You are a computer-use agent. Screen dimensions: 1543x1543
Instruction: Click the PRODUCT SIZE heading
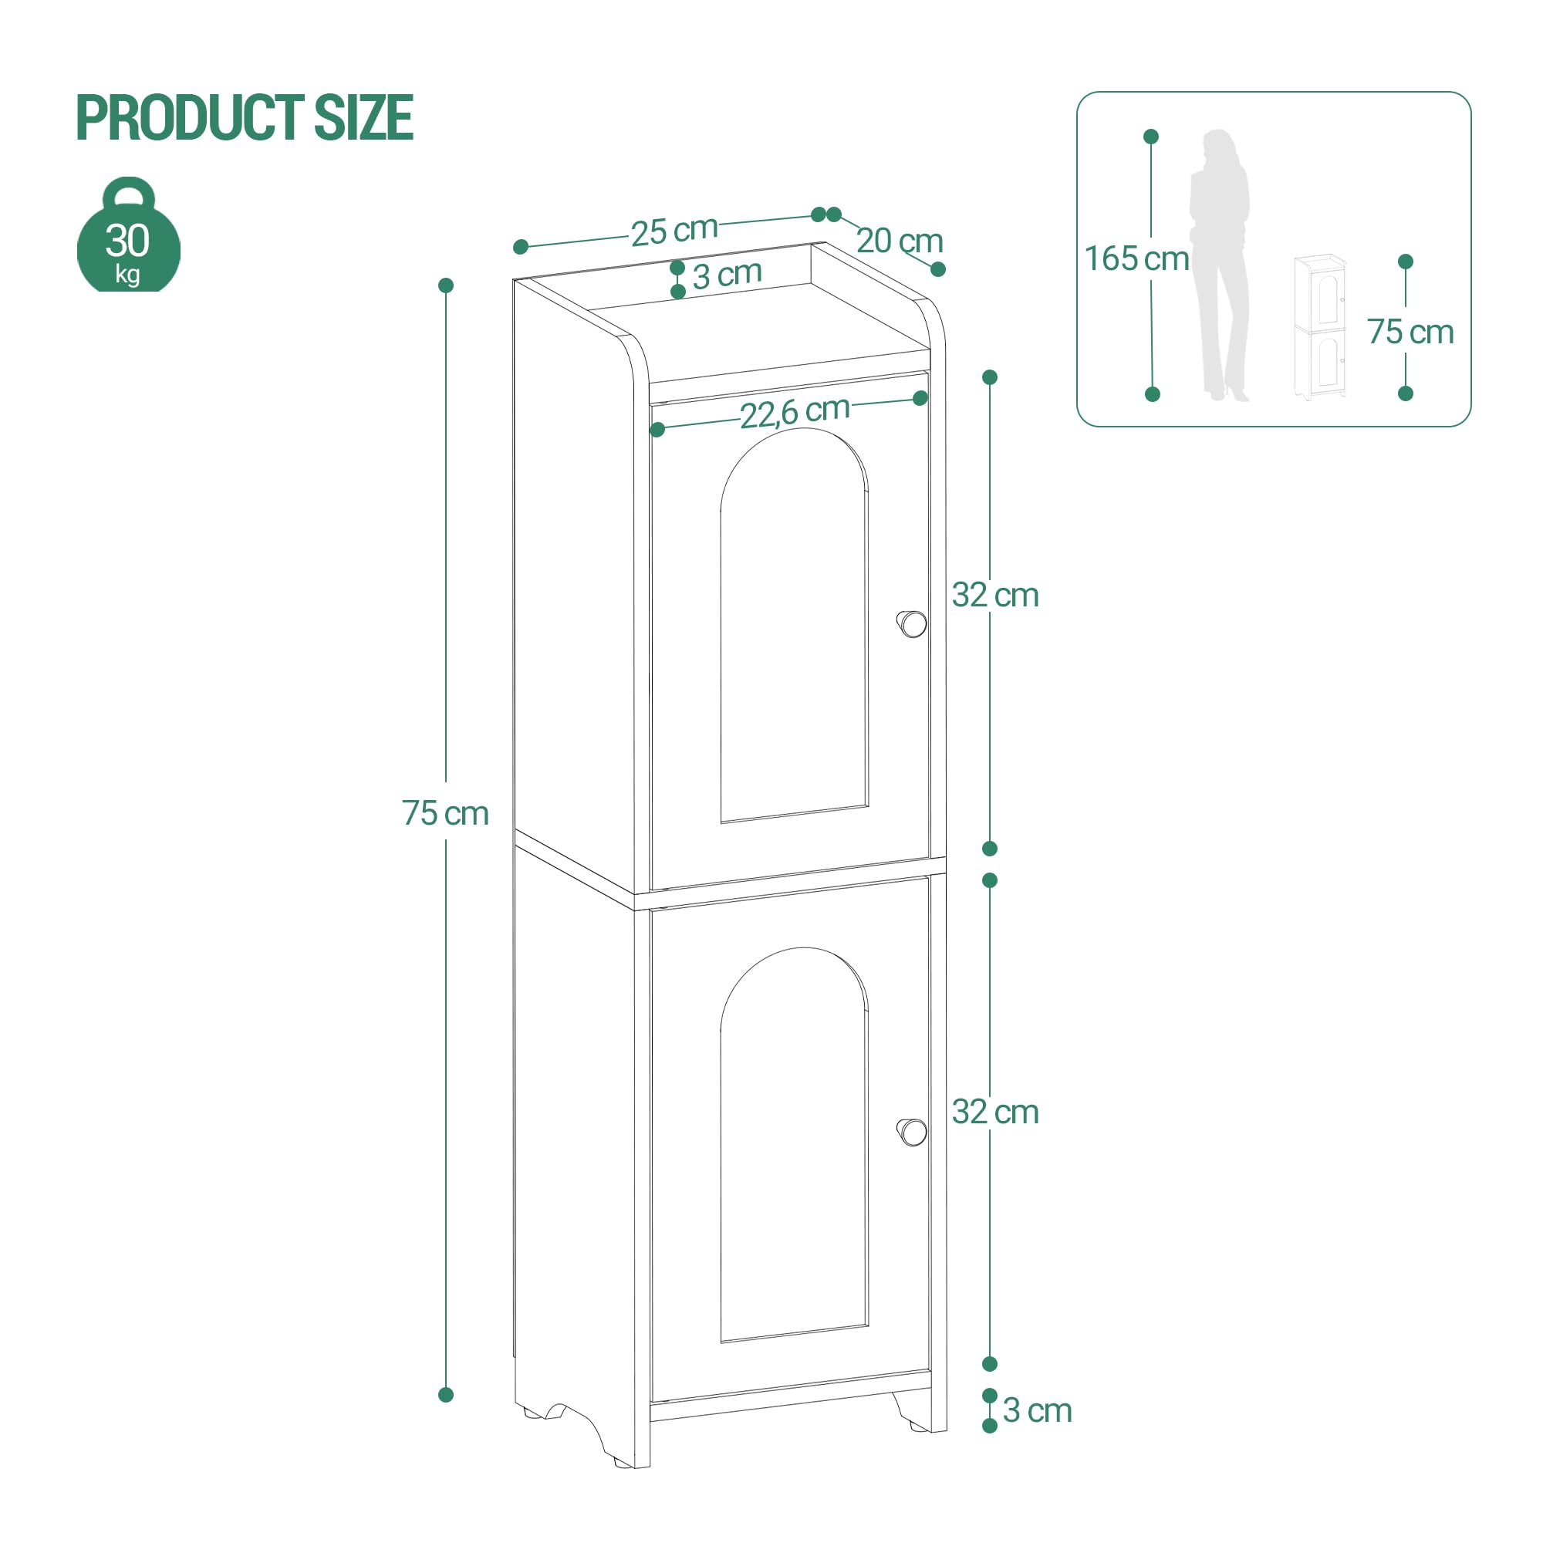pyautogui.click(x=245, y=118)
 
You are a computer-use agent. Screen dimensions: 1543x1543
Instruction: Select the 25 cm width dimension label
pyautogui.click(x=674, y=231)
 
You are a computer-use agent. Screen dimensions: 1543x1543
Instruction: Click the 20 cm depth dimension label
pyautogui.click(x=900, y=241)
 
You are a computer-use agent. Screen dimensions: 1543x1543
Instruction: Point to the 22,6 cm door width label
pyautogui.click(x=795, y=411)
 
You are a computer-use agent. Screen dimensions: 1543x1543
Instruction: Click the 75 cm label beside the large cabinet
pyautogui.click(x=445, y=813)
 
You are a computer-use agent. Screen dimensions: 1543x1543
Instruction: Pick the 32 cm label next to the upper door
pyautogui.click(x=995, y=595)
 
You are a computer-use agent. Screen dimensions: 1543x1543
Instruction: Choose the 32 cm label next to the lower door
pyautogui.click(x=995, y=1112)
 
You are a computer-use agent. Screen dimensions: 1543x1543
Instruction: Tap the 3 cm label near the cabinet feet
pyautogui.click(x=1037, y=1410)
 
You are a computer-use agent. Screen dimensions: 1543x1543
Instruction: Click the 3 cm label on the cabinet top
pyautogui.click(x=727, y=275)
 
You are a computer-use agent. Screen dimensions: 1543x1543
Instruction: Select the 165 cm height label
pyautogui.click(x=1136, y=258)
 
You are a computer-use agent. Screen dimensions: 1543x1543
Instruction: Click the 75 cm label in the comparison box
pyautogui.click(x=1410, y=332)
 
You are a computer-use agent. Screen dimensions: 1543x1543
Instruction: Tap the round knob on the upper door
pyautogui.click(x=912, y=623)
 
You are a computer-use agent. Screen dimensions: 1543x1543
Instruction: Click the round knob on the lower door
pyautogui.click(x=912, y=1132)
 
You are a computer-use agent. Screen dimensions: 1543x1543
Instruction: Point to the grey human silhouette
pyautogui.click(x=1219, y=265)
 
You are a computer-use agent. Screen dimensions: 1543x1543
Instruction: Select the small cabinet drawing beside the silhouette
pyautogui.click(x=1320, y=327)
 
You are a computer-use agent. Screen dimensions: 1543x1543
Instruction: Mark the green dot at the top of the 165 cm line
pyautogui.click(x=1151, y=137)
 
